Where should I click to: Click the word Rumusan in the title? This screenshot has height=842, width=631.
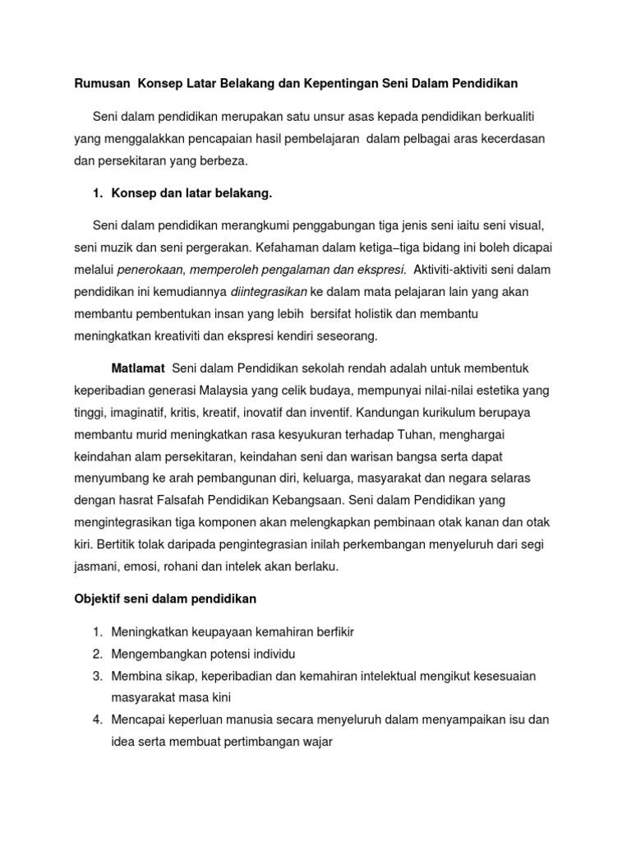tap(101, 83)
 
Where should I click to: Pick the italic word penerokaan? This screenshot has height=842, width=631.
tap(150, 269)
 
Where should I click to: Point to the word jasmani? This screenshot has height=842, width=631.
tap(95, 566)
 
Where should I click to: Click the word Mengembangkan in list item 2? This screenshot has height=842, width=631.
tap(157, 654)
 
